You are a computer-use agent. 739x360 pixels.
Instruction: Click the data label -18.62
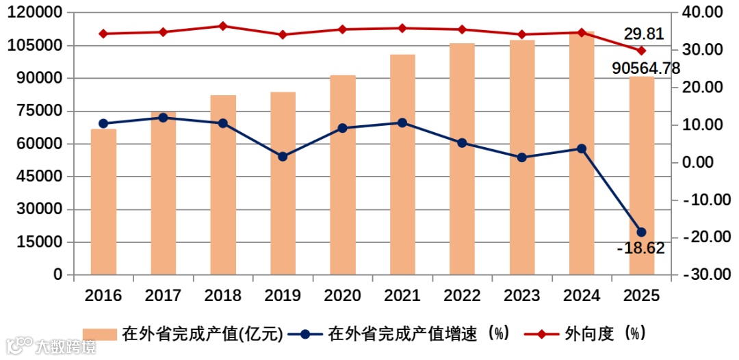point(640,248)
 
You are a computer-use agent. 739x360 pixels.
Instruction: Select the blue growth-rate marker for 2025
point(641,232)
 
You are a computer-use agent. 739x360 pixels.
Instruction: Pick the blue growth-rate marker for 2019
point(283,157)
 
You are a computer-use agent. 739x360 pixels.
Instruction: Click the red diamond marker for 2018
point(223,26)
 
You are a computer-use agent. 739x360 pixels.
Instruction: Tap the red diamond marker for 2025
point(641,51)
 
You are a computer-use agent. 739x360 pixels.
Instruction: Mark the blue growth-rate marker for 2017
point(163,118)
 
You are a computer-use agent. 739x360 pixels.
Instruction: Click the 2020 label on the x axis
point(342,296)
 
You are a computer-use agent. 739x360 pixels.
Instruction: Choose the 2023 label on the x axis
point(521,296)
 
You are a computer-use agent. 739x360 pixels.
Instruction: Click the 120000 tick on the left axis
point(40,12)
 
